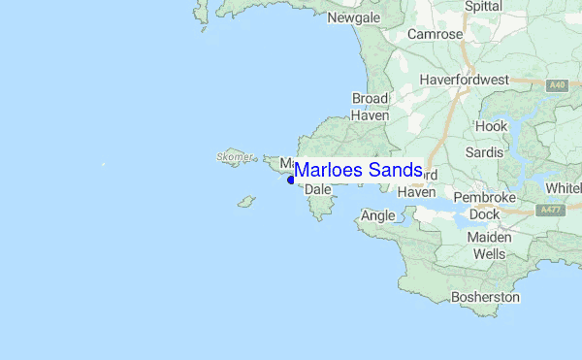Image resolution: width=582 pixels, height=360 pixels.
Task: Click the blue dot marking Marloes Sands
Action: tap(291, 180)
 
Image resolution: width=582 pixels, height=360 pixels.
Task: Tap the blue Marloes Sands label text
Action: tap(358, 170)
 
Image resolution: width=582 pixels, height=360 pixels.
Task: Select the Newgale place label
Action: tap(353, 18)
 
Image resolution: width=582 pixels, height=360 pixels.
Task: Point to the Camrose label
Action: tap(435, 34)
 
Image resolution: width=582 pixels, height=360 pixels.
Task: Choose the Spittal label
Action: tap(483, 6)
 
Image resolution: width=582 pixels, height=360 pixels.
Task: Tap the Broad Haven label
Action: tap(370, 107)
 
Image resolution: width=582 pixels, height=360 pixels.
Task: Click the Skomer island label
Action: tap(235, 155)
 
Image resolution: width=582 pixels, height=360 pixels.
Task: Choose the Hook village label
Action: tap(491, 126)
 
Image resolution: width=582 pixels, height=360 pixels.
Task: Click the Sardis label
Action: tap(484, 152)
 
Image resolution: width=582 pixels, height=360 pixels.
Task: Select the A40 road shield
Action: tap(556, 86)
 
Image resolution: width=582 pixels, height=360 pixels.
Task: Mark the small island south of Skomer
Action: tap(246, 202)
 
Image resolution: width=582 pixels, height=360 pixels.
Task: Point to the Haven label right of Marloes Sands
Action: tap(416, 192)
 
